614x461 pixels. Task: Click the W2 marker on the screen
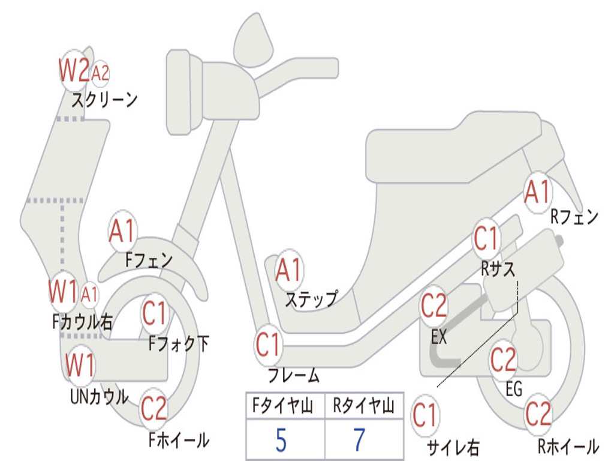74,71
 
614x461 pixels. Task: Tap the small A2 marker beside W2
100,73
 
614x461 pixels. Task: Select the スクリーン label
104,100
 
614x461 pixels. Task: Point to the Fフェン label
149,261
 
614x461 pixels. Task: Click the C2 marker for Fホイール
153,409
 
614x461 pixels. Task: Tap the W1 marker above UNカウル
80,365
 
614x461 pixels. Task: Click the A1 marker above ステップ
289,271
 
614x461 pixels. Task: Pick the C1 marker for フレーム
269,346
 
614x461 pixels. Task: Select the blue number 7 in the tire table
359,441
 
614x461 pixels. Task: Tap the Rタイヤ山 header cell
363,408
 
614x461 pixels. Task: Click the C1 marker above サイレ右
425,415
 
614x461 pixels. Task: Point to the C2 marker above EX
434,307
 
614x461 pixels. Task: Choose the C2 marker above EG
504,360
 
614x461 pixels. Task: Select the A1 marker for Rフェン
537,193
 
